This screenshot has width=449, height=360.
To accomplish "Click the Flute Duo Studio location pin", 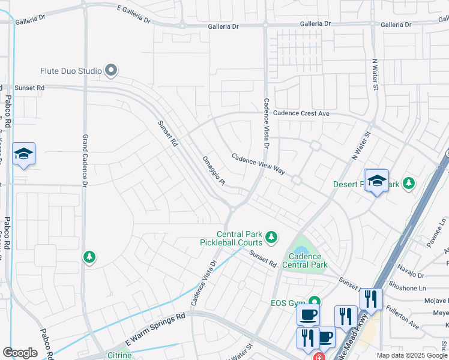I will coord(111,71).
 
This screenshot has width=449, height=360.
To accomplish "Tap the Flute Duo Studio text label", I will coord(71,71).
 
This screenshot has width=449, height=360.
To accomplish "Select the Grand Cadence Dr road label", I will coord(85,159).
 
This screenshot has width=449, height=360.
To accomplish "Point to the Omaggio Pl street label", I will coord(213,171).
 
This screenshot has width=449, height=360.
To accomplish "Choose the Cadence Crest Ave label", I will coord(301,113).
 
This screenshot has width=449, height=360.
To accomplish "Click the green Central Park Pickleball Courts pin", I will coord(271,238).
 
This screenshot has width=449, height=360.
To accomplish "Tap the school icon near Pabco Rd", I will coord(23,154).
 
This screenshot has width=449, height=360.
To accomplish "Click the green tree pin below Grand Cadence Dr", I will coord(89,257).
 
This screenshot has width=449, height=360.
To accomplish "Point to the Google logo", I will coord(20,353).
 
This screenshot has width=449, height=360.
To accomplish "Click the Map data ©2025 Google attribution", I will coord(412,355).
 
